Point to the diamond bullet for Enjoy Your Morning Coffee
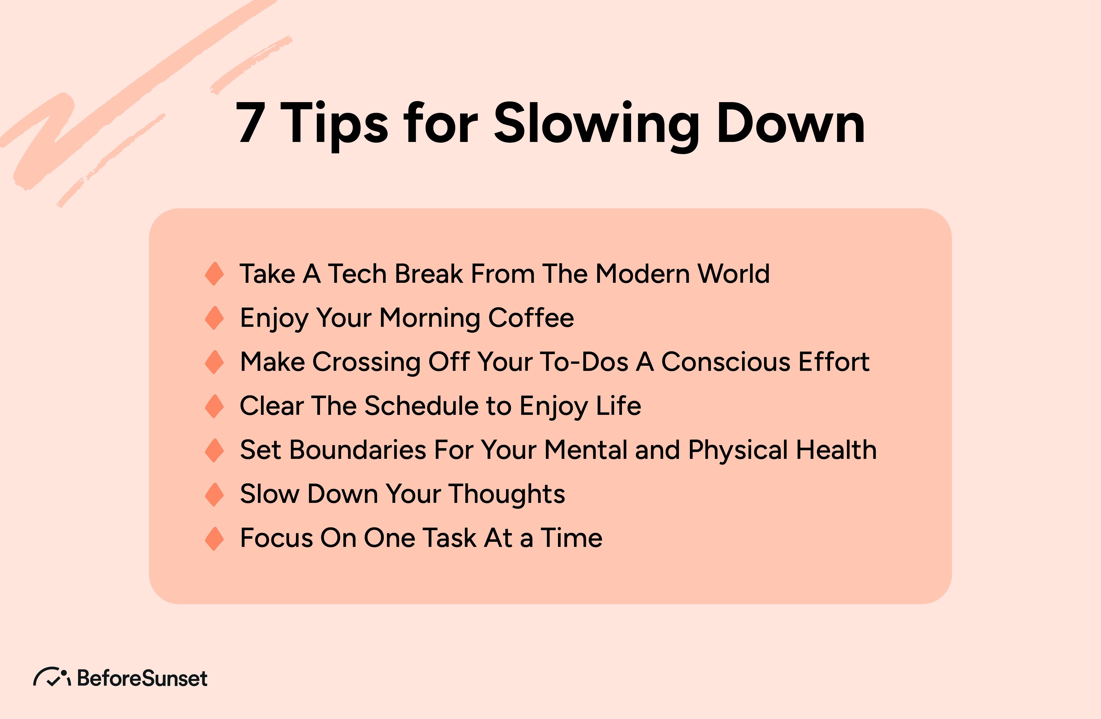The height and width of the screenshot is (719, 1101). click(x=214, y=318)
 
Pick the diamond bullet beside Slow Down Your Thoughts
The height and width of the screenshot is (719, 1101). click(x=214, y=494)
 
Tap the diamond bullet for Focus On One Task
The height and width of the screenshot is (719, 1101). click(x=214, y=538)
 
